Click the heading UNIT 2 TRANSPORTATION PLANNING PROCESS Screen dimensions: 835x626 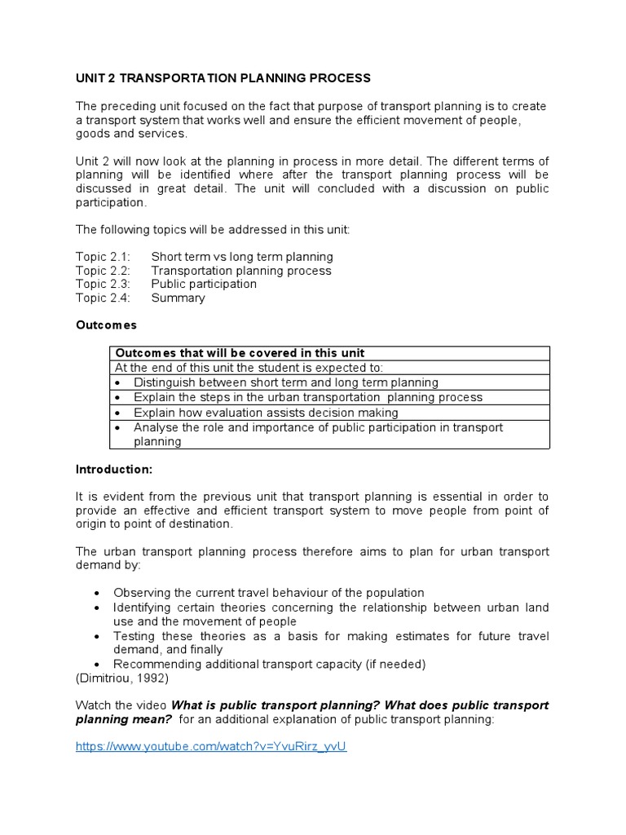(223, 78)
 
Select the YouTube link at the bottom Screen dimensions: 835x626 (211, 746)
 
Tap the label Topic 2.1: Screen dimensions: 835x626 (103, 257)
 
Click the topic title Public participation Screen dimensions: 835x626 (204, 284)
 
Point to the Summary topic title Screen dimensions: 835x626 (178, 298)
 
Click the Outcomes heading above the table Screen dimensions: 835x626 (106, 325)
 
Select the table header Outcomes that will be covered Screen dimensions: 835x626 (240, 353)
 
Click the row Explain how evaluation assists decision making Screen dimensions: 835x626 (266, 413)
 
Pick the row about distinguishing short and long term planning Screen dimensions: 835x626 (285, 382)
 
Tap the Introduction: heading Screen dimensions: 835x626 (114, 470)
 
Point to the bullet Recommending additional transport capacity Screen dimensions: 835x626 (269, 664)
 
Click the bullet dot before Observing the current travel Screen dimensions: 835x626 (97, 593)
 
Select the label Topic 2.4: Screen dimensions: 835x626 (103, 298)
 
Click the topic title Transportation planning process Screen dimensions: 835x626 (241, 271)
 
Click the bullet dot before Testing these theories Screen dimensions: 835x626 (97, 636)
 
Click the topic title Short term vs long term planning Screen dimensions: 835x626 (242, 257)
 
